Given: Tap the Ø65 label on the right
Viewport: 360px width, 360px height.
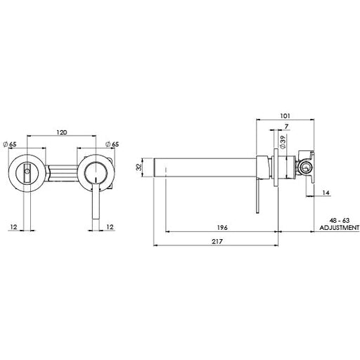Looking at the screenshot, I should (114, 144).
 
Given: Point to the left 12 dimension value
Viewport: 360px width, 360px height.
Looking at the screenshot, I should (13, 227).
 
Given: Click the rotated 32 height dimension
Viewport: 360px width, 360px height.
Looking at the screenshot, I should (139, 169).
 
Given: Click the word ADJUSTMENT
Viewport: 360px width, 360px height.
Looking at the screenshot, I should (339, 228).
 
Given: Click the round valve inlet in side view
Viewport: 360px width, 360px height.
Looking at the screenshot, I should (305, 167).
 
